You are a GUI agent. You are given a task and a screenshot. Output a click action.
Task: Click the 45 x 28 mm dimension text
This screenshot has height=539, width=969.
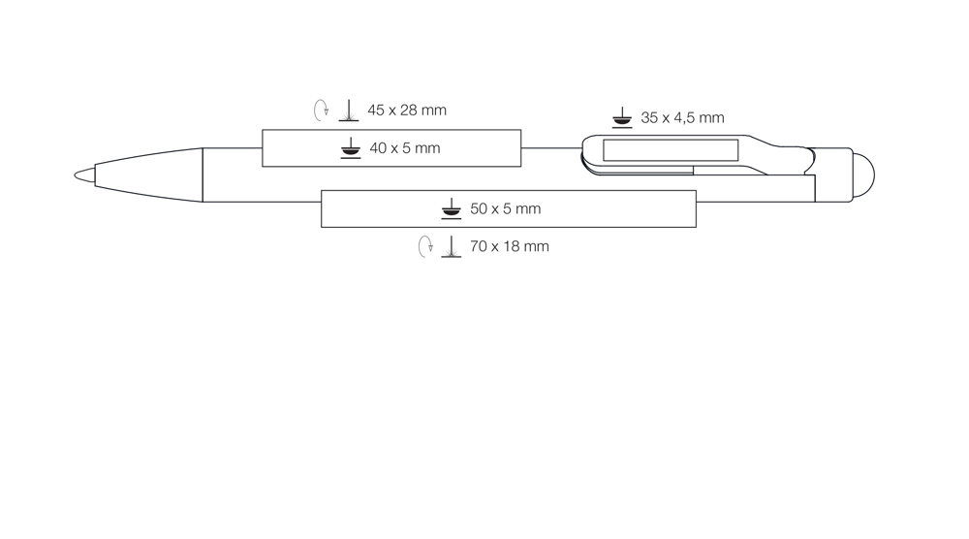[x=407, y=110]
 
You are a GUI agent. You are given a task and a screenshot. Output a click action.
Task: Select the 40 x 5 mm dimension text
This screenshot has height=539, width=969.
[x=405, y=148]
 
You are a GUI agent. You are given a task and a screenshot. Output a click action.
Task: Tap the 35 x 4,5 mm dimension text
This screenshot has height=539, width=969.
[x=682, y=117]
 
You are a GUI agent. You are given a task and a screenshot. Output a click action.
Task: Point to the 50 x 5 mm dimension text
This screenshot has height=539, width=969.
[x=506, y=209]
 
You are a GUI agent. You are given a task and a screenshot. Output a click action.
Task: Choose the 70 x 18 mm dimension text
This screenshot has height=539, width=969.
[x=510, y=246]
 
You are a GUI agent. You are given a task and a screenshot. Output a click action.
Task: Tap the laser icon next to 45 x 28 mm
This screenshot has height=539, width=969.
[x=349, y=111]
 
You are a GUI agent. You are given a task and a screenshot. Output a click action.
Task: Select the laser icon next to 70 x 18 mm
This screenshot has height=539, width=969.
[x=452, y=246]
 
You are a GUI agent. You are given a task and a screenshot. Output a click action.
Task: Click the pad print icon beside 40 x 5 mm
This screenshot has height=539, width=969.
[x=351, y=148]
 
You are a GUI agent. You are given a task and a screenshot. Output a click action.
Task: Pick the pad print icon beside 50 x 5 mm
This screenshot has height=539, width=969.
[x=452, y=209]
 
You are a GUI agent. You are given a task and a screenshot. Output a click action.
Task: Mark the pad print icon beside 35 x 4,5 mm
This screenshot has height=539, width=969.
[x=622, y=117]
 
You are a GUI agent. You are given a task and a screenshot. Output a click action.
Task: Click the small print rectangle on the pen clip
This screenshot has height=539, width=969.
[x=671, y=150]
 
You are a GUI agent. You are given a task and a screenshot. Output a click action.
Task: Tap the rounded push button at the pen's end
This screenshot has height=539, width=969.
[x=864, y=174]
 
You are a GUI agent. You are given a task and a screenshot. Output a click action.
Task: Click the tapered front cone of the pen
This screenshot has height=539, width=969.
[x=148, y=174]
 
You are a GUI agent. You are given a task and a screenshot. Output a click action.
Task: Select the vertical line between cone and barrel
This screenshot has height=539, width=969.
[x=203, y=174]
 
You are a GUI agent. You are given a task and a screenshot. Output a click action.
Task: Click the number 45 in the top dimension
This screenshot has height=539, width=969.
[x=376, y=110]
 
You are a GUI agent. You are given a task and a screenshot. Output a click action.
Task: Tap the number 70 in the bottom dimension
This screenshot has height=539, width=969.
[x=479, y=246]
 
